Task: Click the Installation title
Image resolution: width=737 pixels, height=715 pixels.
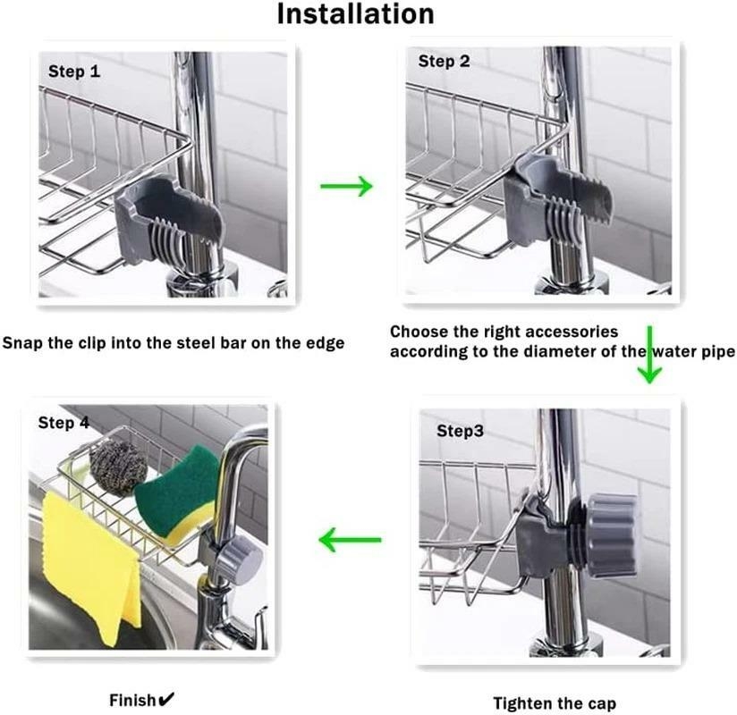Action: pos(355,15)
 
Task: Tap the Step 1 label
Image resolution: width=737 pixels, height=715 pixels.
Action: pos(73,71)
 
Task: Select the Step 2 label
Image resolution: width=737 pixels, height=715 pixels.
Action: pos(444,62)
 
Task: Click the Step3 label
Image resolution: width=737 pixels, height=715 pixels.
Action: pos(460,431)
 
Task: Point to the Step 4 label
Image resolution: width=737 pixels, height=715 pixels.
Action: pos(63,422)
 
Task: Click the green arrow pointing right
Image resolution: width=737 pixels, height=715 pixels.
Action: pos(346,186)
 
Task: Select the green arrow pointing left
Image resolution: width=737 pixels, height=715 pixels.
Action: pos(351,540)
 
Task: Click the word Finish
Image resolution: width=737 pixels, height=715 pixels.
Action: pos(131,700)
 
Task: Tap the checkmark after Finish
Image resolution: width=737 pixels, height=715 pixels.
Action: pos(166,699)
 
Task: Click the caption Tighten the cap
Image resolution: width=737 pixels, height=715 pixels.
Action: pos(555,703)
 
